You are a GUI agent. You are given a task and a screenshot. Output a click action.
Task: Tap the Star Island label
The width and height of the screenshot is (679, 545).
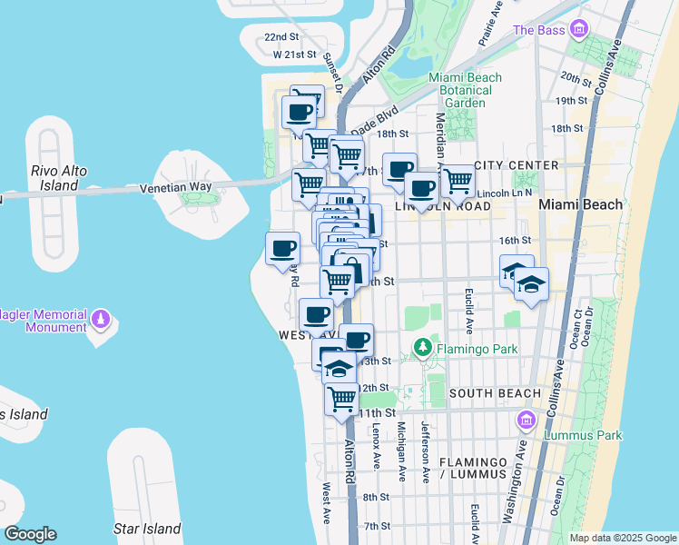click(146, 528)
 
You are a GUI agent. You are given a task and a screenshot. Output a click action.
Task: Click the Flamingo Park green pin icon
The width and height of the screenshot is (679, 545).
click(422, 346)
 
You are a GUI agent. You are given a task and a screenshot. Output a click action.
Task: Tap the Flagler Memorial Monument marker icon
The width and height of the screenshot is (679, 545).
click(101, 320)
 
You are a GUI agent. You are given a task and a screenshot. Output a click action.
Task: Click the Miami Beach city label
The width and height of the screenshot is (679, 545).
click(581, 204)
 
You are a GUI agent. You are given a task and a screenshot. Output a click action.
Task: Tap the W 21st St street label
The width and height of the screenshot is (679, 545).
click(296, 54)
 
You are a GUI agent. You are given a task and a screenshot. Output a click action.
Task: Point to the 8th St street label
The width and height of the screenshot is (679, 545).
click(376, 497)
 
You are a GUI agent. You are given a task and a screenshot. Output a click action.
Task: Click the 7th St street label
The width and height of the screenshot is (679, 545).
click(376, 526)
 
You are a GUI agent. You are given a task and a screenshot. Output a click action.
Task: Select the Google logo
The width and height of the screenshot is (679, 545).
click(31, 533)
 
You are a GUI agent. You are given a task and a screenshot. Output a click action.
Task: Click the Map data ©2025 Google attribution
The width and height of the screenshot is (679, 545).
click(623, 538)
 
